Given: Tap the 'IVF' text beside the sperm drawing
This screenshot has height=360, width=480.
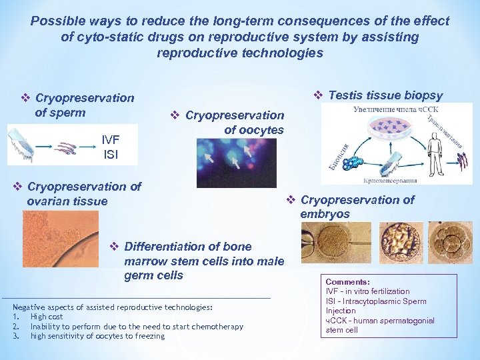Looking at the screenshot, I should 111,139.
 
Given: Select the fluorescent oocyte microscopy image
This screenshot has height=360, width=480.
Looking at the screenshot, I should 226,163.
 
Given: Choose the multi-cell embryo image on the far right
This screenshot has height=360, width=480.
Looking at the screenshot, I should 449,242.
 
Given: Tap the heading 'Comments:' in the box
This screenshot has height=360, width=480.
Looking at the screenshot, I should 347,282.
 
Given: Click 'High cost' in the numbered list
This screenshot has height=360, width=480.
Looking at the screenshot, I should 47,317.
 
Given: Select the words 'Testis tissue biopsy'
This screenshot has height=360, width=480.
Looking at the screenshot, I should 385,96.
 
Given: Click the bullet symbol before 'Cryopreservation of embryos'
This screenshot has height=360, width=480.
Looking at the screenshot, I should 291,200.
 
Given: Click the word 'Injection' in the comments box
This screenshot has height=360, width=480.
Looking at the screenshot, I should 341,311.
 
